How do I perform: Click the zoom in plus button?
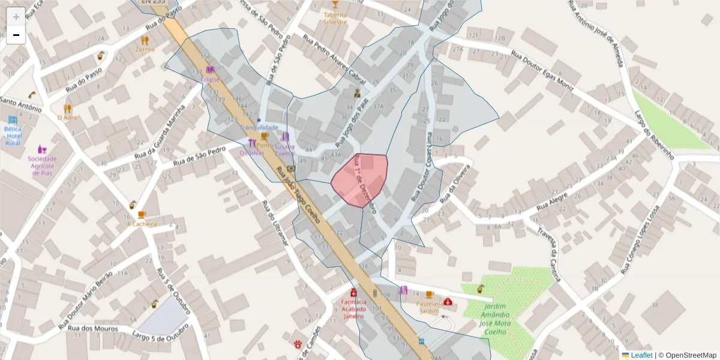pyautogui.click(x=16, y=16)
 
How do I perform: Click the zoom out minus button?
pyautogui.click(x=16, y=35)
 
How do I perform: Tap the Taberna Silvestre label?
pyautogui.click(x=335, y=18)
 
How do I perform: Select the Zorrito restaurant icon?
pyautogui.click(x=145, y=40)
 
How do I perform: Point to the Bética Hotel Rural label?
pyautogui.click(x=13, y=136)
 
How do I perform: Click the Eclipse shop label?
pyautogui.click(x=210, y=80)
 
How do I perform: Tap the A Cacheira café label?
pyautogui.click(x=142, y=224)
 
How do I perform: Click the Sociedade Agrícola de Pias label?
pyautogui.click(x=42, y=166)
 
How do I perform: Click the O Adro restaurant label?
pyautogui.click(x=67, y=118)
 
